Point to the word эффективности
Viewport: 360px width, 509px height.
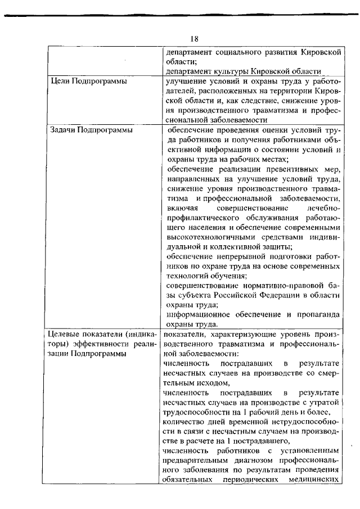coord(98,345)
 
